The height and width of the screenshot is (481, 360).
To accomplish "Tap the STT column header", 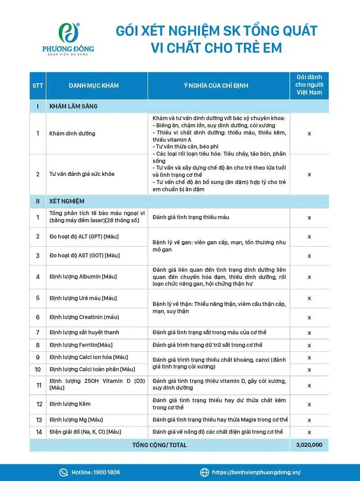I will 38,85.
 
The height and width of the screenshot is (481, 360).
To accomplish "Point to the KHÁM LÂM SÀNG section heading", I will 73,107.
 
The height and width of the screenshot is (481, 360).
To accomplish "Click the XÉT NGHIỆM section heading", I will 67,201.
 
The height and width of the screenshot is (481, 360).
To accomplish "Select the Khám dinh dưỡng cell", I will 72,134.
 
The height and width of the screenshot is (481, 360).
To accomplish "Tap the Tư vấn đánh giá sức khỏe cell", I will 82,174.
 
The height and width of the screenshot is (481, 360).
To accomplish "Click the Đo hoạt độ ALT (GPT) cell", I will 84,237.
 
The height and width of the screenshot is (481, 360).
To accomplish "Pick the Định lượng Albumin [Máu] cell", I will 83,277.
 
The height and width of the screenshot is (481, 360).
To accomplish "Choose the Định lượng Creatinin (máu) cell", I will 84,317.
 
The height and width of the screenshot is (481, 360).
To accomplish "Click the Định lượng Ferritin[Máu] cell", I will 81,345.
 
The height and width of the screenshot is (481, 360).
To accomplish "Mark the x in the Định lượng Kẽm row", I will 309,404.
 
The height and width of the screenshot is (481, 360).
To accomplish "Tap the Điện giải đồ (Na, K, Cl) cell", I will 85,432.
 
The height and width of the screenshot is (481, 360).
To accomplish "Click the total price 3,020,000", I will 309,445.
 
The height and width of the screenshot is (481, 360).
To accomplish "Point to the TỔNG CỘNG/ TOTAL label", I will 159,445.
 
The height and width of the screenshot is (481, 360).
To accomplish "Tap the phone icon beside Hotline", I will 63,472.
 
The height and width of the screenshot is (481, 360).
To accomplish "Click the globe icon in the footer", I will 204,472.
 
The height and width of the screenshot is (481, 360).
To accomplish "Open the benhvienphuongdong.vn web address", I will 256,472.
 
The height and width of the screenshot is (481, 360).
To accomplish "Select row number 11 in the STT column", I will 38,385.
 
